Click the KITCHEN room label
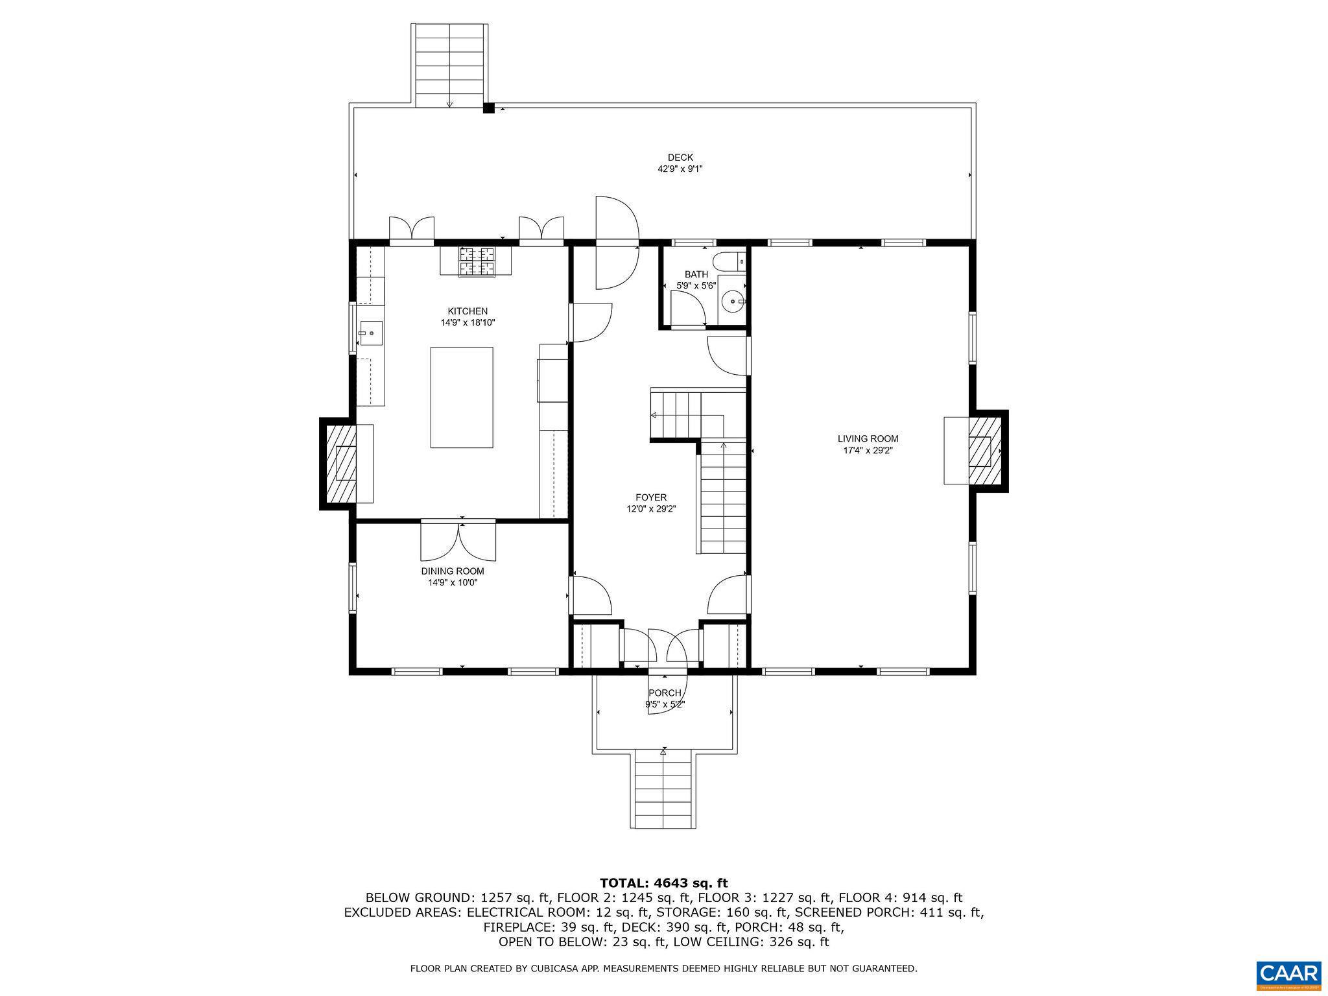467,311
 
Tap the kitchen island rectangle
461,397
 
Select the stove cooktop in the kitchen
477,262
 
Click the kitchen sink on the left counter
370,335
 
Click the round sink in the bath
733,302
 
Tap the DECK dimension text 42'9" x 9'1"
680,169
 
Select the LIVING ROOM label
868,439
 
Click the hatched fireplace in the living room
984,451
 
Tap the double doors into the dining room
458,539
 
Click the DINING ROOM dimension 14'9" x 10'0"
452,583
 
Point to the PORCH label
665,693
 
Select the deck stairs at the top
449,65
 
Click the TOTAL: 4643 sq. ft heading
663,883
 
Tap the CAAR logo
1288,973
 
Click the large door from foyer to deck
616,243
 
